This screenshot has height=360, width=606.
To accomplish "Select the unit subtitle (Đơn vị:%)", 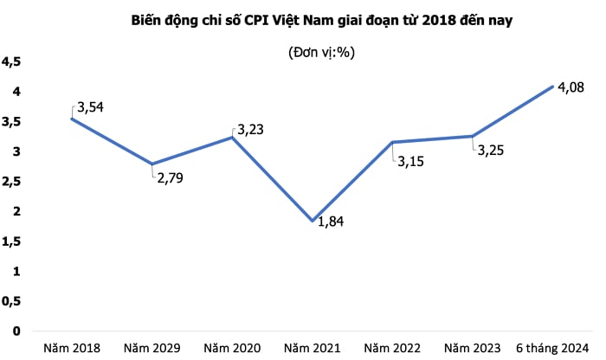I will pos(322,53).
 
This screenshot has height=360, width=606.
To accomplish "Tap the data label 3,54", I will pos(95,107).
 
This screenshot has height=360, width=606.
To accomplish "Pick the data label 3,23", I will pos(252,130).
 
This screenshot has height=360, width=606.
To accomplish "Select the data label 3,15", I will pos(414,160).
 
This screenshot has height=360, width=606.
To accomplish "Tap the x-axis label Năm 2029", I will pos(151,348).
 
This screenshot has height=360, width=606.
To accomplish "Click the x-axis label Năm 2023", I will pos(474,348).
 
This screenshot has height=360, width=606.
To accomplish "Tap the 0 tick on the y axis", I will pos(16,331).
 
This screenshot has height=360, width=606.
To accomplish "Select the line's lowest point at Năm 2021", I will pos(313,221).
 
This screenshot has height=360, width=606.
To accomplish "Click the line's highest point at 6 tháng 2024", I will pos(553,86).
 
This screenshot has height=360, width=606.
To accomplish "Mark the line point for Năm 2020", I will pos(232,137).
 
